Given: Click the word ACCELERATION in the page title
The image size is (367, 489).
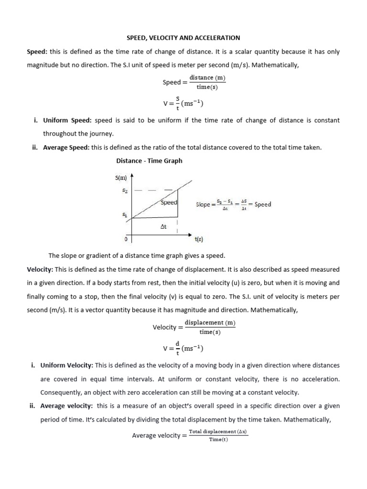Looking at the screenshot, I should click(219, 37).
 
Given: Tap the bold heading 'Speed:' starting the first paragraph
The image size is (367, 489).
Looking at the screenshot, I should click(37, 52).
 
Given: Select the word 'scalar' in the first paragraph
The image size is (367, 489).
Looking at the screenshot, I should click(258, 52).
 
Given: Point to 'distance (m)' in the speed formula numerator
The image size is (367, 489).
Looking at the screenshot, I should click(207, 77).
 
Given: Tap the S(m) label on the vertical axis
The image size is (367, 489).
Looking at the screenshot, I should click(121, 178).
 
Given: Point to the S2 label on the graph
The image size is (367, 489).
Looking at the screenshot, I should click(125, 190).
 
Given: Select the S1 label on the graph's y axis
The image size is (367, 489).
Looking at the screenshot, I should click(125, 215).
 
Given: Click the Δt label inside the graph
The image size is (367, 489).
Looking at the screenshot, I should click(163, 227).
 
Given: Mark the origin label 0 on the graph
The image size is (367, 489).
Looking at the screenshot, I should click(125, 238).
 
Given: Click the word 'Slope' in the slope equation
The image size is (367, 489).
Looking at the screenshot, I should click(203, 204).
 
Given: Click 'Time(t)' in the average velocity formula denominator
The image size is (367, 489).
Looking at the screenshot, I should click(218, 439).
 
